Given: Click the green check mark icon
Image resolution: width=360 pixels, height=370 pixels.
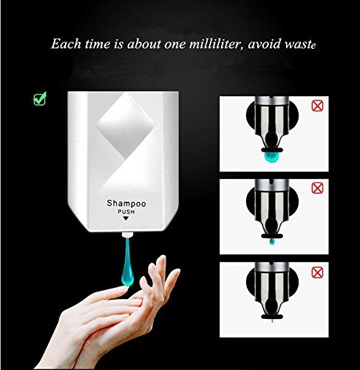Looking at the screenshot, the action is click(40, 98).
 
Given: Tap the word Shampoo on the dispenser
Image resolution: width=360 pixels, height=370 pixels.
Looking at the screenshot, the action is click(126, 203).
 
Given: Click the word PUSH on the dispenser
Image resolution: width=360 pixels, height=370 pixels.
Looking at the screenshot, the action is click(126, 212).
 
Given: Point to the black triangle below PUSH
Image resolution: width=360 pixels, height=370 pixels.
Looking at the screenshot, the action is click(126, 218).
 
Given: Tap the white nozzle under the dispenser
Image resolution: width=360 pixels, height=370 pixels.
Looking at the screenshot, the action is click(127, 235).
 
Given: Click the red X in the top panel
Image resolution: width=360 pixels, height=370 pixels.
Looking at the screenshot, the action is click(317, 106).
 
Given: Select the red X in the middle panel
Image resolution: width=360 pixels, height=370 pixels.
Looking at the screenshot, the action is click(317, 188).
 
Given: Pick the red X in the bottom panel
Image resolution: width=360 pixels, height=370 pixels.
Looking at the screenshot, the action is click(317, 272).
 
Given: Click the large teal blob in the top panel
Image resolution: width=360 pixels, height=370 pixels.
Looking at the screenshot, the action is click(271, 157).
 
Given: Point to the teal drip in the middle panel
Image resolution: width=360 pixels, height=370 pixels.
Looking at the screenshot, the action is click(272, 241).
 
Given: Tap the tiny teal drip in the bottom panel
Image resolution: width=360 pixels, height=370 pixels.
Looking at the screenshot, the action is click(272, 321).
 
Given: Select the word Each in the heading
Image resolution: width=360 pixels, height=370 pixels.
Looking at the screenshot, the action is click(66, 44).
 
